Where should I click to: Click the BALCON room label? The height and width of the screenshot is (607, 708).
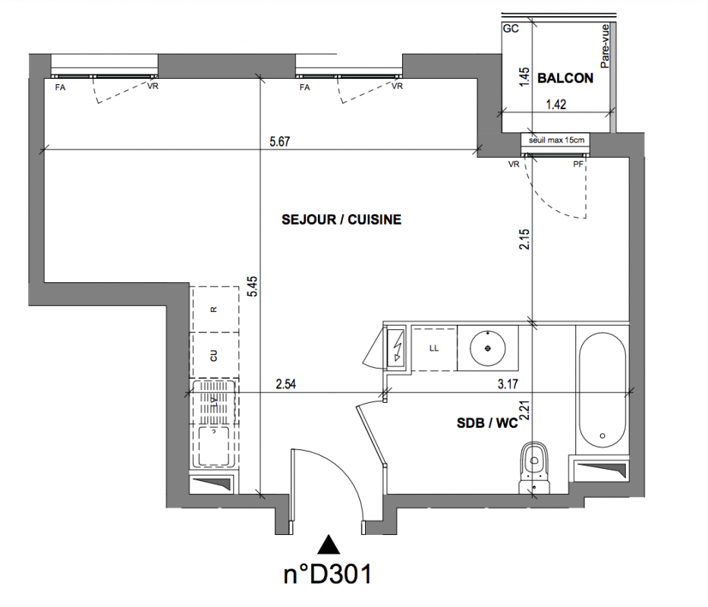pyautogui.click(x=565, y=78)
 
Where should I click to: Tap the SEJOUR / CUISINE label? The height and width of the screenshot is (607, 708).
pyautogui.click(x=341, y=219)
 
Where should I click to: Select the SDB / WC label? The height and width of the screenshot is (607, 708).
pyautogui.click(x=487, y=423)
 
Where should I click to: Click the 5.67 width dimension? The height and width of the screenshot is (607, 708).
pyautogui.click(x=279, y=141)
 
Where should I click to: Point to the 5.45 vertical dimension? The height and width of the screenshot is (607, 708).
pyautogui.click(x=253, y=286)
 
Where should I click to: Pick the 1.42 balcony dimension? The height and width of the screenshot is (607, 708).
pyautogui.click(x=555, y=105)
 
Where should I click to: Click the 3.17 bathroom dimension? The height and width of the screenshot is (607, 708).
pyautogui.click(x=508, y=384)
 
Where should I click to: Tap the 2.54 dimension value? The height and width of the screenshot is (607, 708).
pyautogui.click(x=286, y=384)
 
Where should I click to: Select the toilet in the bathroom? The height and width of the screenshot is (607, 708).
pyautogui.click(x=535, y=467)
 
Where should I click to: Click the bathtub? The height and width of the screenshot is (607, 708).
pyautogui.click(x=603, y=390)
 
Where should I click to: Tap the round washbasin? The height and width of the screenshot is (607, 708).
pyautogui.click(x=488, y=348)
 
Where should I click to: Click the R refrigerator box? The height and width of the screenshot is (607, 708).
pyautogui.click(x=214, y=310)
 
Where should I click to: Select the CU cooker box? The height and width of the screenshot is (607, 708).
pyautogui.click(x=214, y=355)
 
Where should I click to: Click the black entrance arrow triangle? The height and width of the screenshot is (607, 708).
pyautogui.click(x=329, y=544)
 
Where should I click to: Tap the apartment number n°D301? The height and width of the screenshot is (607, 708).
pyautogui.click(x=328, y=574)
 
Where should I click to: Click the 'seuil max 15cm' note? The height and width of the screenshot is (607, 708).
pyautogui.click(x=556, y=140)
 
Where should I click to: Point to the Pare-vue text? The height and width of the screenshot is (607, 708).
pyautogui.click(x=605, y=46)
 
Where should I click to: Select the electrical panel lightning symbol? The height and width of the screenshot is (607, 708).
pyautogui.click(x=398, y=346)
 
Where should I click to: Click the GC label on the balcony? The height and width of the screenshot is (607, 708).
pyautogui.click(x=511, y=29)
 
